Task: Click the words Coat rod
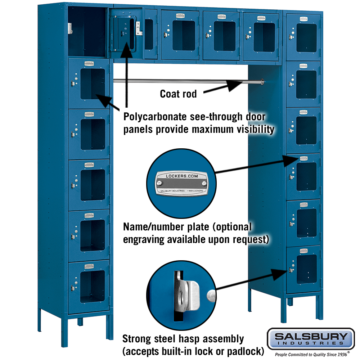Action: coord(178,94)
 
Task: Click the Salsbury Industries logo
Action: coord(311,338)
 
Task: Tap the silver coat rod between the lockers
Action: coord(180,81)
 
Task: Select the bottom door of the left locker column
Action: coord(89,286)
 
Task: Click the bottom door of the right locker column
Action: coord(303,269)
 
